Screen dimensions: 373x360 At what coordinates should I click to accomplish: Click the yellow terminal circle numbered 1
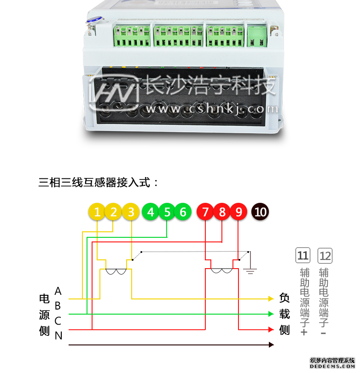(97, 212)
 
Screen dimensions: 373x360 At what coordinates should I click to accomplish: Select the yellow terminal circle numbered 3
(131, 212)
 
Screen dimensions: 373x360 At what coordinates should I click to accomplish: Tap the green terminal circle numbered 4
(151, 212)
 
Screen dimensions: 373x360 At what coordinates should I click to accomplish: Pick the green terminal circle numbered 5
(167, 212)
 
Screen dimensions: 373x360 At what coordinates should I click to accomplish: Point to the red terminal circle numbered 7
(205, 212)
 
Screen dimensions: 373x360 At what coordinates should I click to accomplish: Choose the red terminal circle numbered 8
(222, 212)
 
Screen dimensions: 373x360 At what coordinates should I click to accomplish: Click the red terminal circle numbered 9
(238, 212)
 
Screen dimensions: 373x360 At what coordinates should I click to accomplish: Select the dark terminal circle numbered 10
(260, 212)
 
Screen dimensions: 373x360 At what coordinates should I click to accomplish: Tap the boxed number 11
(303, 255)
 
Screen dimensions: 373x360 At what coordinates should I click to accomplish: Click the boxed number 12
(325, 255)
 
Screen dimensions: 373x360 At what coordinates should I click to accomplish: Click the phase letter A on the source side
(58, 291)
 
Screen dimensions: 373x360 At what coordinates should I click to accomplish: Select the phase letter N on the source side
(58, 336)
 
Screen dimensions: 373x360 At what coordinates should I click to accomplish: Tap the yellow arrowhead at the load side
(271, 299)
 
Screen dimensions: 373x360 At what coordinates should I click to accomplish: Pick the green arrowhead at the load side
(271, 314)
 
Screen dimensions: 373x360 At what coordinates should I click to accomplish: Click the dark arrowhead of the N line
(271, 344)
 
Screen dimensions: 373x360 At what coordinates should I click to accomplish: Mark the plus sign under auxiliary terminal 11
(303, 332)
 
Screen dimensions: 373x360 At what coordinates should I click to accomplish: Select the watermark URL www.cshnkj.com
(212, 109)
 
